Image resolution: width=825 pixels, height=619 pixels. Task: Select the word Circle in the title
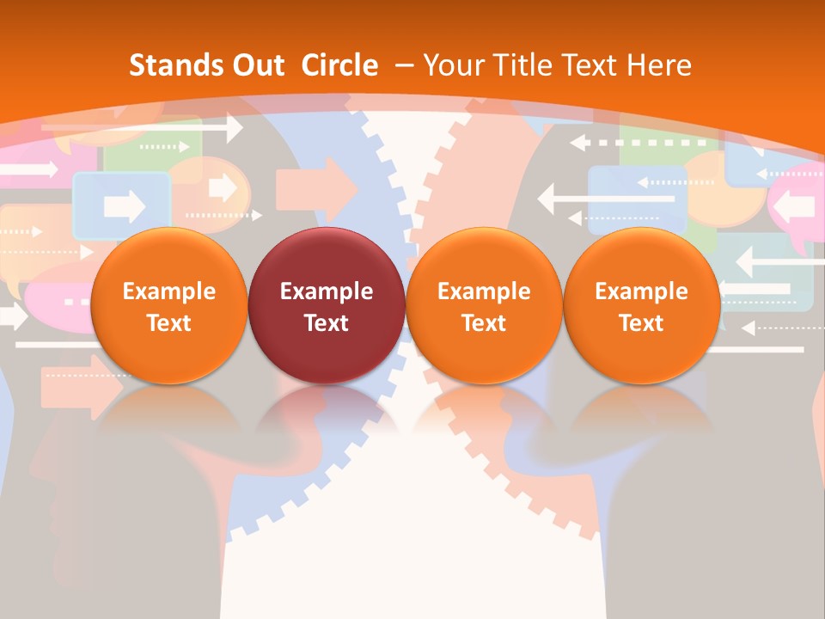pos(339,65)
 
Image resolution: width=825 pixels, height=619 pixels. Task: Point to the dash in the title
pos(405,65)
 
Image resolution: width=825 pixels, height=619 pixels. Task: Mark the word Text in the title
pos(587,65)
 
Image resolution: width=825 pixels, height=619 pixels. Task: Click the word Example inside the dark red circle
pos(327,291)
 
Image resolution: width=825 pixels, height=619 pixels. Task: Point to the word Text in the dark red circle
pos(327,323)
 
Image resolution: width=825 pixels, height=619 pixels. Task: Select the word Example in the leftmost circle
pos(168,291)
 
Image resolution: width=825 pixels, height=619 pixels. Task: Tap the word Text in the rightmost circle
pos(641,323)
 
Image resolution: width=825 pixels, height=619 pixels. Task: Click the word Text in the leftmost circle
pos(168,323)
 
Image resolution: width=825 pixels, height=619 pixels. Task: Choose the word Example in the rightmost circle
pos(641,291)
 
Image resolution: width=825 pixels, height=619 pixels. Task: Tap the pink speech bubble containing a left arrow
pos(795,207)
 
